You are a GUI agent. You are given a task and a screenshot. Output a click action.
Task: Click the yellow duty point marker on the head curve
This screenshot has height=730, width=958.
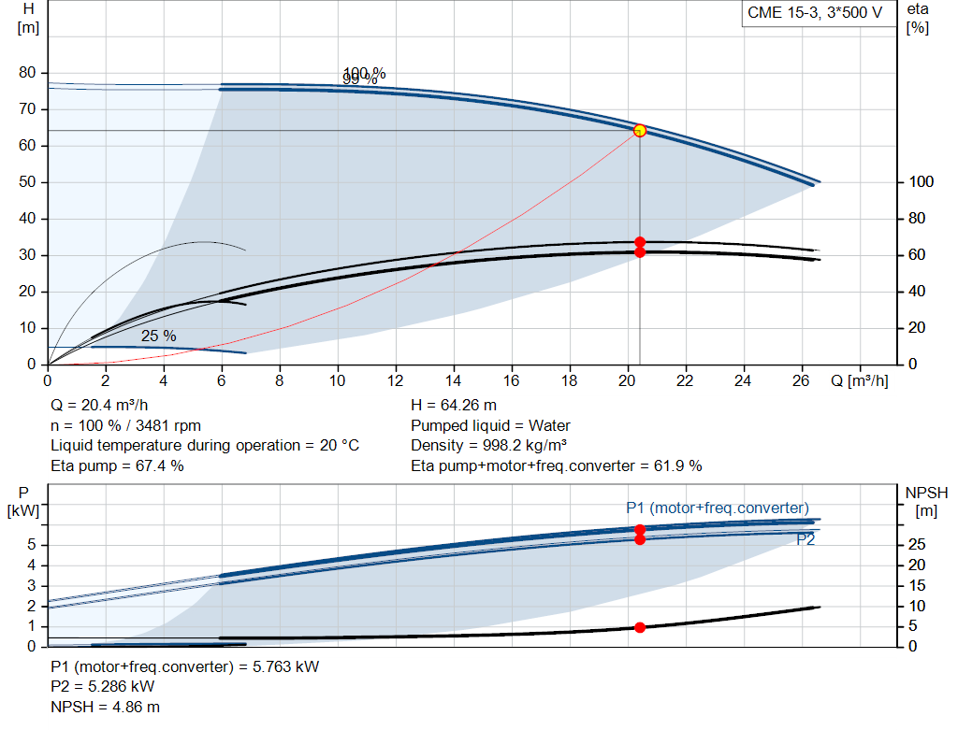[640, 131]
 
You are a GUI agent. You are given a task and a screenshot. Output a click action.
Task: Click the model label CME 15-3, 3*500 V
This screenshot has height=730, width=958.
[814, 13]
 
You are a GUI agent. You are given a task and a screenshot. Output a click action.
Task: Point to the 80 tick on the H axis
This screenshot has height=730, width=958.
[27, 73]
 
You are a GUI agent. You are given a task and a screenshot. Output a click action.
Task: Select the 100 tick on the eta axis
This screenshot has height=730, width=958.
[922, 182]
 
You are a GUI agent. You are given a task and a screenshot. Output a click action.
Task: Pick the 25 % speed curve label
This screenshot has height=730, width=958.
[158, 336]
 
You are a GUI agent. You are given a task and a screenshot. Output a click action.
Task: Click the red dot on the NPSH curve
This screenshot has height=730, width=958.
[640, 627]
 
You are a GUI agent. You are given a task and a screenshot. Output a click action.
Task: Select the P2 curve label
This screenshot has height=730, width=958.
[806, 539]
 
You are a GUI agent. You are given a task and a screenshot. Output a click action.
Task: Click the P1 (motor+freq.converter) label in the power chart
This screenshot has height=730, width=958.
[717, 508]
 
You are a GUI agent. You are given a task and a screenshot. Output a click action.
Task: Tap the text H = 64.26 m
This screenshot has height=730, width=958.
[454, 406]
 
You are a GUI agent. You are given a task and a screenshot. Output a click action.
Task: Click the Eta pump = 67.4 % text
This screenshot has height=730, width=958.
[117, 465]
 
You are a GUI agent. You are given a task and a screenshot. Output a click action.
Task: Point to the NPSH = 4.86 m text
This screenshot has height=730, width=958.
[98, 707]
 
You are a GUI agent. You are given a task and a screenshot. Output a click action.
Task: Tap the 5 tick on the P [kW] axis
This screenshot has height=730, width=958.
[31, 545]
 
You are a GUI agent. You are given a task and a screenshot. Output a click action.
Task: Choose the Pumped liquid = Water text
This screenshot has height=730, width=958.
[490, 425]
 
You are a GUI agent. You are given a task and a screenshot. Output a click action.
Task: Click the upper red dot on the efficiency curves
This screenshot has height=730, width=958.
[640, 242]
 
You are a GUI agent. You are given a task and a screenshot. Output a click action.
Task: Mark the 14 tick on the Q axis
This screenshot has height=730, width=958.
[454, 381]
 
